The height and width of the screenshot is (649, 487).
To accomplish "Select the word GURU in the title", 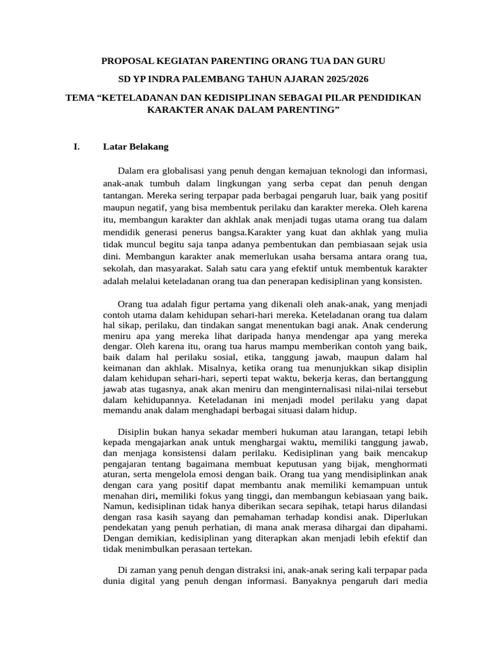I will pyautogui.click(x=370, y=61).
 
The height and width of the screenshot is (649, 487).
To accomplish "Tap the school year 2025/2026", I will pyautogui.click(x=342, y=79).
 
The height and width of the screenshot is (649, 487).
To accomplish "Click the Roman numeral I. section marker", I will pyautogui.click(x=77, y=147).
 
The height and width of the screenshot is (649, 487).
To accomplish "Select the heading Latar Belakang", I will pyautogui.click(x=136, y=147).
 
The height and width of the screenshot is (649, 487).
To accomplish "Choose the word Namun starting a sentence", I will pyautogui.click(x=117, y=506).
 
